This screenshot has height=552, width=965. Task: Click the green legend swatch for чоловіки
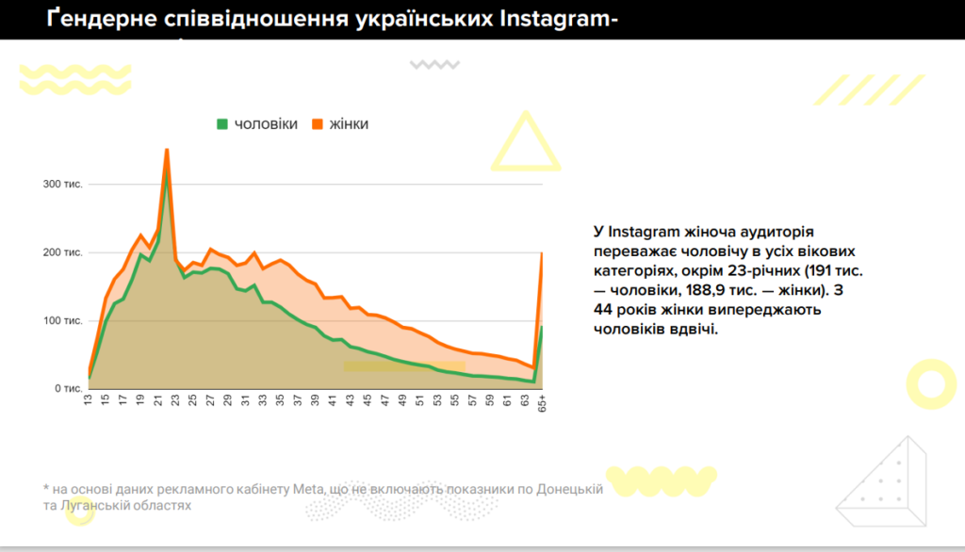click(222, 124)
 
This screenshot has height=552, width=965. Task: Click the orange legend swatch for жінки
click(318, 124)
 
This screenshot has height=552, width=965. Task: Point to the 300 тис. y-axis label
click(64, 184)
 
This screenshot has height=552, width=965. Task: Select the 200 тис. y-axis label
click(64, 252)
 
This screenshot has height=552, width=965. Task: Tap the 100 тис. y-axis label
click(64, 320)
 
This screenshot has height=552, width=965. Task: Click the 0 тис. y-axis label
click(68, 388)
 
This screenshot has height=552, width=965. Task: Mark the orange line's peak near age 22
click(167, 149)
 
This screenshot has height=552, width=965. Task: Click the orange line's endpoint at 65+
click(542, 252)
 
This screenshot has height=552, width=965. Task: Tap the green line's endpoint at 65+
click(542, 327)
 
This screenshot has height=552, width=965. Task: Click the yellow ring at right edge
click(930, 384)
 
